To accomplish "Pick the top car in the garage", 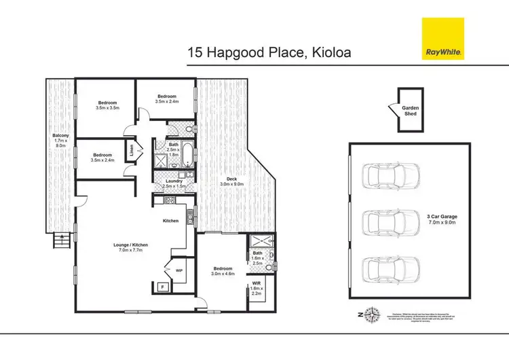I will pyautogui.click(x=383, y=177).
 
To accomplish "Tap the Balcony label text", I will pyautogui.click(x=60, y=140).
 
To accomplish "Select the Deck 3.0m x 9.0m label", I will pyautogui.click(x=235, y=181).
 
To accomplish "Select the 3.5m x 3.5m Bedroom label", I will pyautogui.click(x=108, y=105).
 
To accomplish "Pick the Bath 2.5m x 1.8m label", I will pyautogui.click(x=174, y=149).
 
